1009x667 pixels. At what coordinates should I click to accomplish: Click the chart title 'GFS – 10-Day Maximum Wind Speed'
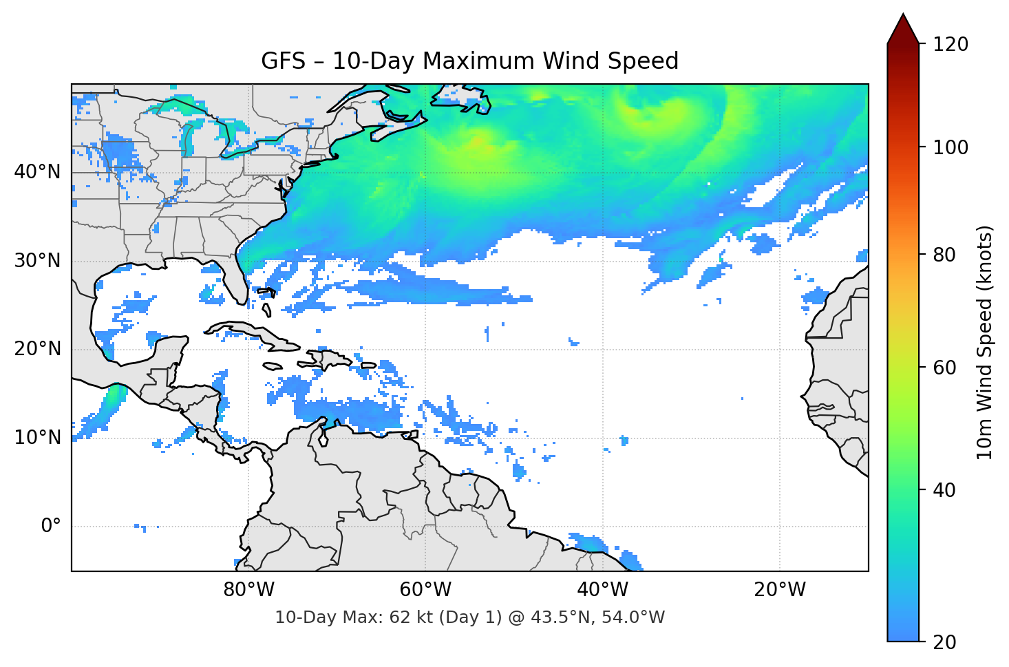pos(469,61)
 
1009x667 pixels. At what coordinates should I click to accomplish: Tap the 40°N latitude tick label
pos(37,172)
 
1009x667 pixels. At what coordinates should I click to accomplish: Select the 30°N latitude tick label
pos(37,261)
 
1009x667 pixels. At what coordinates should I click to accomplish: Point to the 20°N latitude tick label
pos(37,349)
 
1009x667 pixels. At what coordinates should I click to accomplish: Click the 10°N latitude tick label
pos(37,438)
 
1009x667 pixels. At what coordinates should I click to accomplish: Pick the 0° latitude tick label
pos(51,527)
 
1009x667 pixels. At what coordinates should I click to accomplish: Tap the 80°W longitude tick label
pos(248,590)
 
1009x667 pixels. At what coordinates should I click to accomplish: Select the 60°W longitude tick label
pos(425,590)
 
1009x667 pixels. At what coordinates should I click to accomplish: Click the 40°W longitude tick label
pos(602,590)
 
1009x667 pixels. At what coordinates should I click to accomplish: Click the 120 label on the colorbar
pos(950,45)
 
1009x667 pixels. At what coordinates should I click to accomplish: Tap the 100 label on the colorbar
pos(950,147)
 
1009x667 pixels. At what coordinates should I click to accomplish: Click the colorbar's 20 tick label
pos(944,642)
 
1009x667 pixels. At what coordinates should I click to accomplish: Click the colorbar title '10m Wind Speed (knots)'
pos(985,342)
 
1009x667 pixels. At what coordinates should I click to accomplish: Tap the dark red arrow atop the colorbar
pos(903,30)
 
